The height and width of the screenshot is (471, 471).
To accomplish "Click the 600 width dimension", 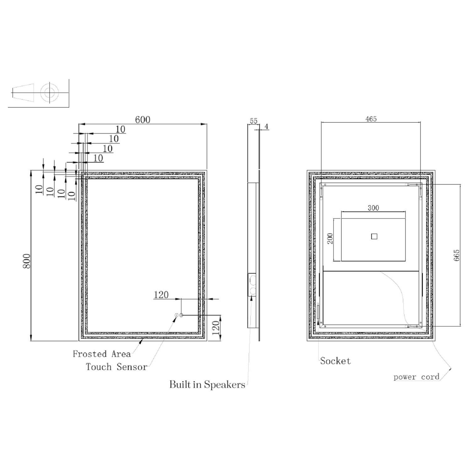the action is point(143,120).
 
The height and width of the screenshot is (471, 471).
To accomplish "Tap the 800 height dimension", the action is point(27,261).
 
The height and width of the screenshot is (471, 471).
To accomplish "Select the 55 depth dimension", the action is point(253,121).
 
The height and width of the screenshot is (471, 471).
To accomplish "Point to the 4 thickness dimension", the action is point(267,127).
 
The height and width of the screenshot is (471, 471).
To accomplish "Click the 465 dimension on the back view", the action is point(371,119).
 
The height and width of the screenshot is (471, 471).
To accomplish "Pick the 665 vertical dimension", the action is point(457,255).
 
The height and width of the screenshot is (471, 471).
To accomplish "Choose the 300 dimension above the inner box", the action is point(373,208).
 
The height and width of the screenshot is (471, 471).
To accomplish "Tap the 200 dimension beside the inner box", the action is point(330,239).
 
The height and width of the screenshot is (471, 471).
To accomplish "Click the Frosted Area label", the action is point(102,354).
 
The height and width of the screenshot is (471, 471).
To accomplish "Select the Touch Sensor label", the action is point(116,367).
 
